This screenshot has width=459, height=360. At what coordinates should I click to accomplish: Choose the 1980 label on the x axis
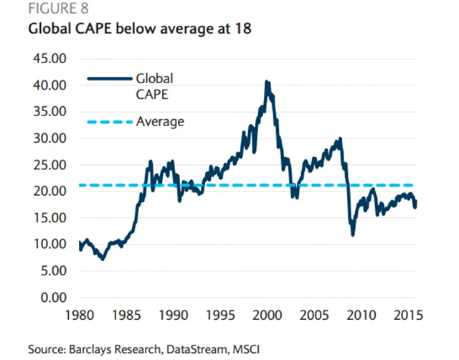coord(79,316)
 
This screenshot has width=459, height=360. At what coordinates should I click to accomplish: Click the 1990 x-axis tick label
coord(173,316)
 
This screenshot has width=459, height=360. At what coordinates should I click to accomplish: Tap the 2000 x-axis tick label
coord(267,316)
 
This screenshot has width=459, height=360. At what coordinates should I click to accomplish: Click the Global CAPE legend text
coord(155,85)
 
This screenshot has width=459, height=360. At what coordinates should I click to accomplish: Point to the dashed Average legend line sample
coord(108,122)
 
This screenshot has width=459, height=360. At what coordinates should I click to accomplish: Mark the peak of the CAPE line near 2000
coord(268,82)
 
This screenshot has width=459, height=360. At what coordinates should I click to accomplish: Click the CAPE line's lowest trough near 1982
coord(103,259)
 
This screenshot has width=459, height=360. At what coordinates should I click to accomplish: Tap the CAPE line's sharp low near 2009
coord(353,235)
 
